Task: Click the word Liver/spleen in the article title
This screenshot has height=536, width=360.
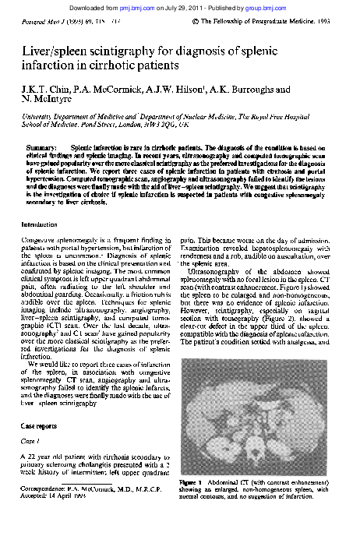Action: (x=57, y=52)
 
